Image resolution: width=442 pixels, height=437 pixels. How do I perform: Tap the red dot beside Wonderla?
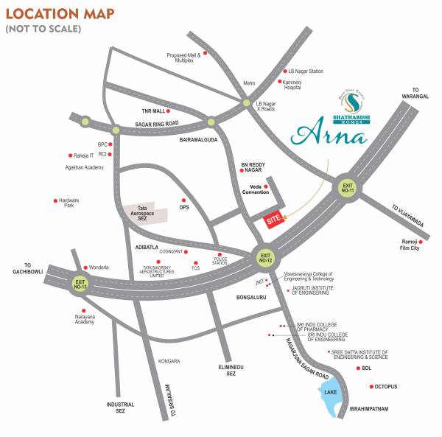pyautogui.click(x=86, y=267)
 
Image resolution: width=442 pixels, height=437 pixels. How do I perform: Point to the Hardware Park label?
pyautogui.click(x=69, y=203)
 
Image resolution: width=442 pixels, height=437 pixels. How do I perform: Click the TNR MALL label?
pyautogui.click(x=155, y=111)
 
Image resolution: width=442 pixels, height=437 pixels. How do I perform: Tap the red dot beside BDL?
pyautogui.click(x=358, y=368)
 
